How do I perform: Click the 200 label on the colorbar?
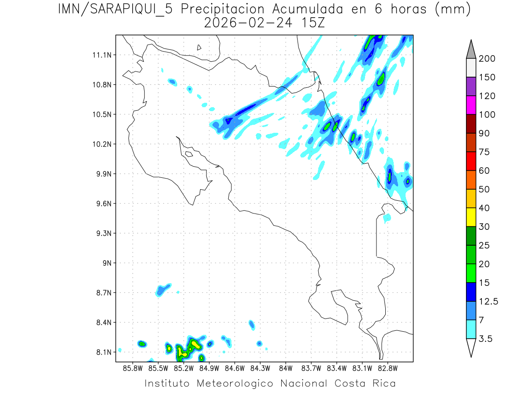tap(487, 59)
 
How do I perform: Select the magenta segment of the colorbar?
tap(471, 105)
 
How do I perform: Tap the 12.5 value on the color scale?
tap(489, 301)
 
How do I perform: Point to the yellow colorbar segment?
tap(471, 217)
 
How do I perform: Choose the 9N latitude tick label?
tap(106, 263)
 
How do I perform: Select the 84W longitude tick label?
tap(286, 367)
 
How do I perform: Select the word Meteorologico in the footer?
tap(240, 383)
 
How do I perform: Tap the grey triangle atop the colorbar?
tap(471, 49)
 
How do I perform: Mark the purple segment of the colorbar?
tap(471, 86)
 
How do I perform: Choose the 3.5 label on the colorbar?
tap(486, 339)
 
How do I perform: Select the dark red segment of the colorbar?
tap(471, 124)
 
